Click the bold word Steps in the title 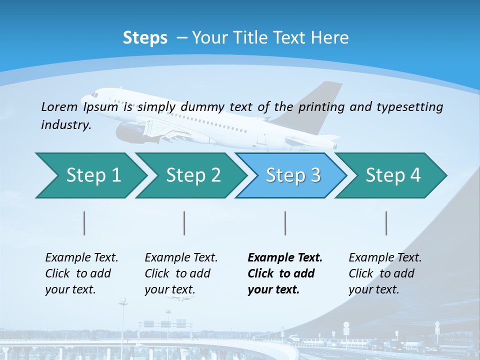click(x=145, y=38)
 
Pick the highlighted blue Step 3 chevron click(x=293, y=175)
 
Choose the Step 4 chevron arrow click(x=393, y=175)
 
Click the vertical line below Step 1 click(x=84, y=223)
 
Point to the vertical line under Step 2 click(x=184, y=223)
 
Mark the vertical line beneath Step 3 click(x=285, y=223)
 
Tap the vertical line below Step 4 click(x=386, y=223)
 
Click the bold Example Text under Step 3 click(x=284, y=273)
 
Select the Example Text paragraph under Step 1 click(x=81, y=273)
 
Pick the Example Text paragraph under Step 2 click(x=181, y=273)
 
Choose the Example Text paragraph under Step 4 click(x=385, y=273)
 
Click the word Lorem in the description click(x=59, y=106)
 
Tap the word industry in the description click(x=65, y=125)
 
